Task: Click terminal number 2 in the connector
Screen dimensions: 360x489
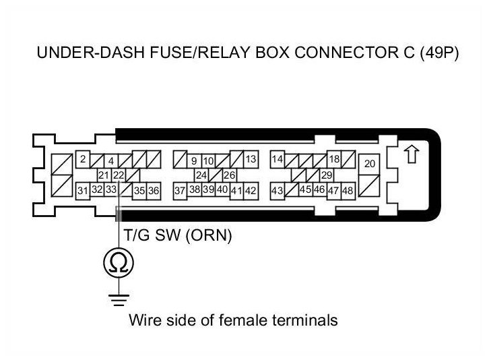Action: point(82,160)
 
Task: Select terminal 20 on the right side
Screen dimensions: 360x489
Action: point(369,164)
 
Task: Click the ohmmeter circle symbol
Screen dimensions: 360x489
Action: point(117,262)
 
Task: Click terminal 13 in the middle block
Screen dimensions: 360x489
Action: point(251,160)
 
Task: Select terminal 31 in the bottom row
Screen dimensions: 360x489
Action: point(82,191)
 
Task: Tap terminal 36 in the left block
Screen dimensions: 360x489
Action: point(154,191)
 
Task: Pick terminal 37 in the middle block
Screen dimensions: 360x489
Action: point(180,191)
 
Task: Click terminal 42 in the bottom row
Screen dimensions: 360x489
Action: point(251,191)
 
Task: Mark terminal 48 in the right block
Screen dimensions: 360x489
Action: point(348,191)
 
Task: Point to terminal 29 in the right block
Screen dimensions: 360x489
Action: point(327,175)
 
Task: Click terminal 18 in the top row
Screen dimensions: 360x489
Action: point(333,160)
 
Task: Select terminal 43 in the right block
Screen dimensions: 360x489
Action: point(277,191)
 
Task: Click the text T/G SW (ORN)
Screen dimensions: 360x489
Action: point(178,236)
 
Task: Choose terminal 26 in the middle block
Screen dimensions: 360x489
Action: point(229,175)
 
